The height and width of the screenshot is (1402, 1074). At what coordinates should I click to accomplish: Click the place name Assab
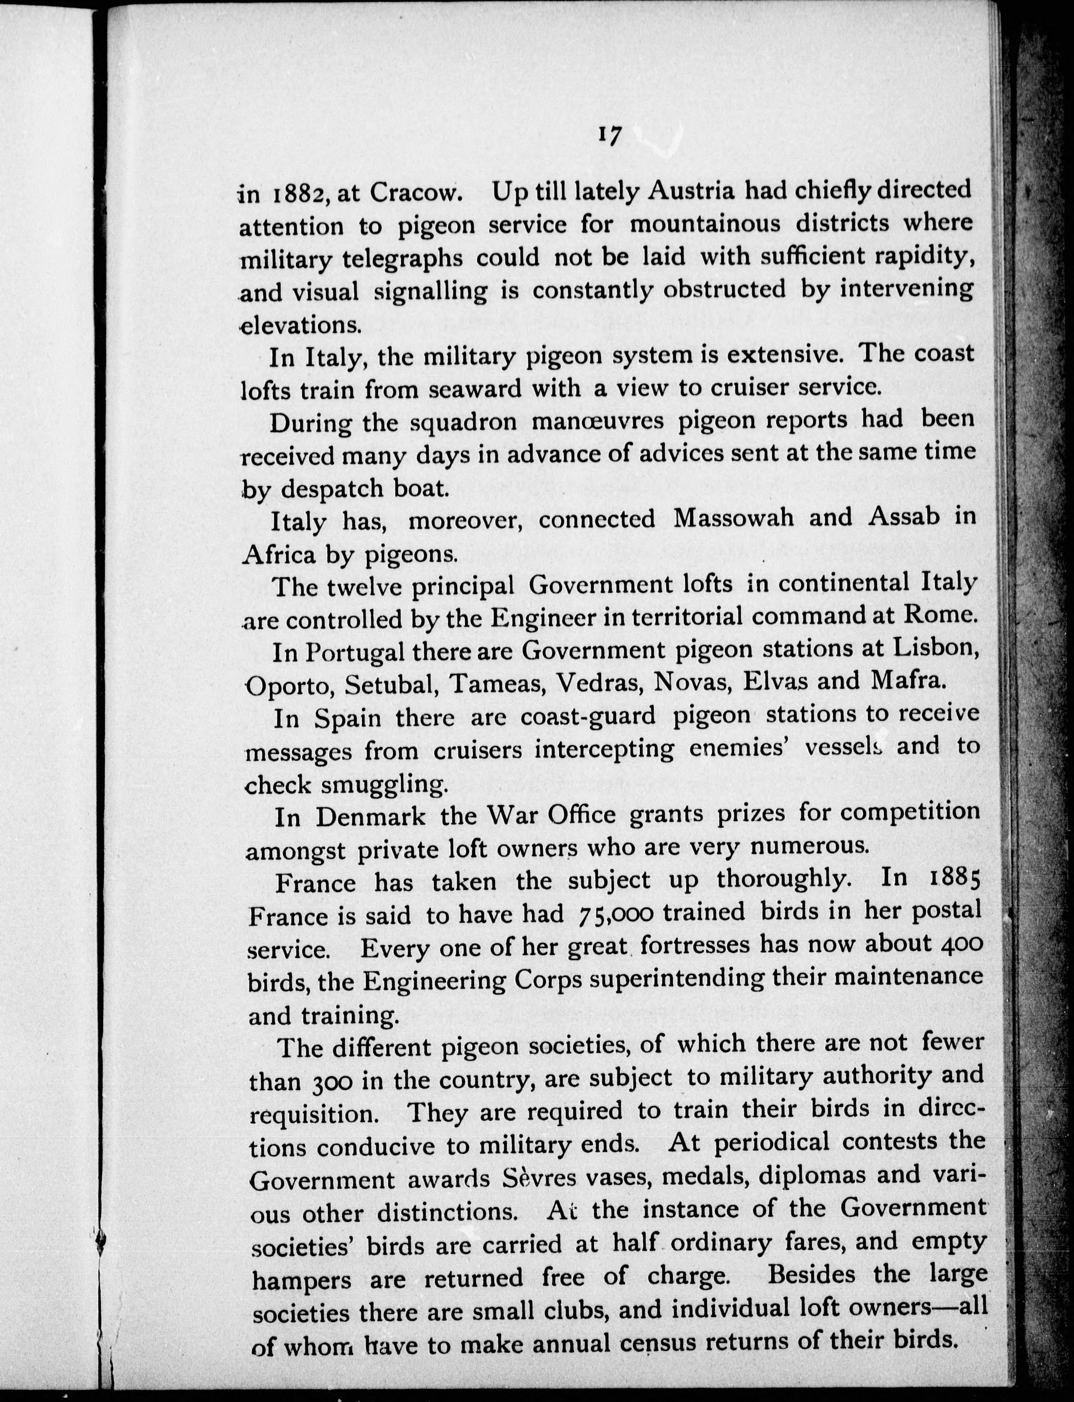(903, 516)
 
